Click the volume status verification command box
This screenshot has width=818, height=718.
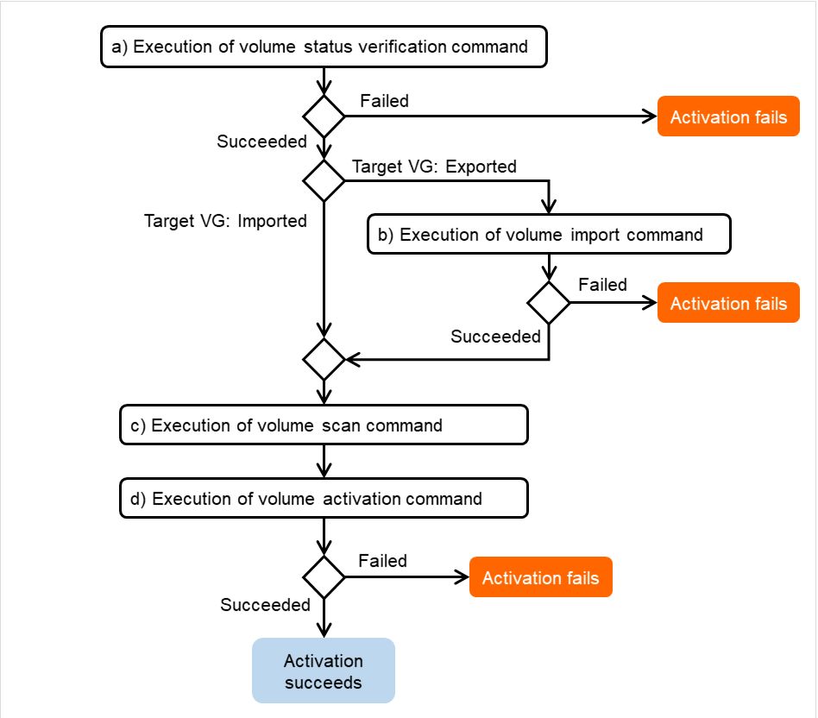(x=324, y=47)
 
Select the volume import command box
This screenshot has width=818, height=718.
(x=549, y=235)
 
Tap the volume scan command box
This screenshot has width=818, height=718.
(x=324, y=425)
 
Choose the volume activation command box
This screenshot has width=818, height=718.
(x=324, y=499)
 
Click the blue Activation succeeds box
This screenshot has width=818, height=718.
(x=324, y=671)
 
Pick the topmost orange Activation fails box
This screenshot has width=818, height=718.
(x=728, y=117)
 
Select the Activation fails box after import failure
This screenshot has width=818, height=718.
(x=728, y=304)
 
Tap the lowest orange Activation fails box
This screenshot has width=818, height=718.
(x=540, y=578)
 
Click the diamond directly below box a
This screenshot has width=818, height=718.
(x=324, y=117)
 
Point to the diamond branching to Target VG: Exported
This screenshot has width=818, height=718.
(x=324, y=180)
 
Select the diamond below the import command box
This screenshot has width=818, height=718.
(x=549, y=303)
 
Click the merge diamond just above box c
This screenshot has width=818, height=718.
(x=324, y=358)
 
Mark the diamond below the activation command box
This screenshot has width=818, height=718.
(x=324, y=577)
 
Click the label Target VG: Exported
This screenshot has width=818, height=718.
(x=434, y=167)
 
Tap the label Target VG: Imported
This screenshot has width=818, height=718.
(x=225, y=221)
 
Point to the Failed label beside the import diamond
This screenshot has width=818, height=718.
(x=602, y=285)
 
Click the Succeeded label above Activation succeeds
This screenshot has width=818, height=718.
(x=265, y=605)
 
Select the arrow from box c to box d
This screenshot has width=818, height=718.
(x=324, y=462)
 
